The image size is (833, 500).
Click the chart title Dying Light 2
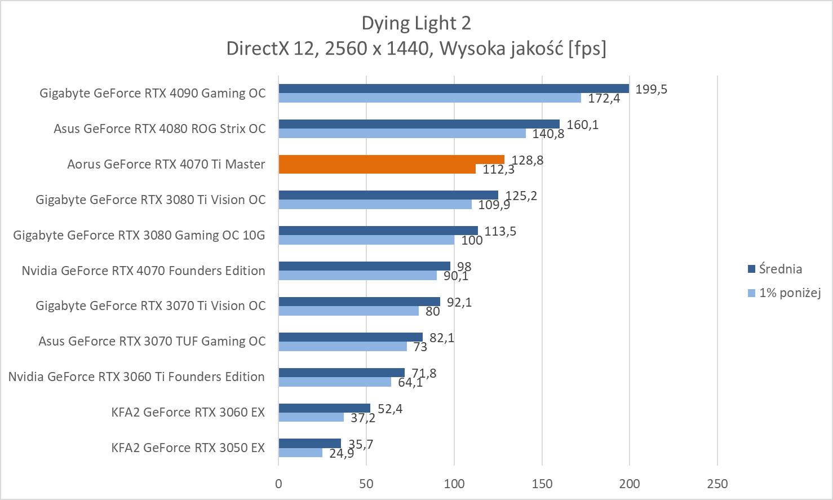tap(416, 23)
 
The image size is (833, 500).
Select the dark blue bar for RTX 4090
tap(454, 89)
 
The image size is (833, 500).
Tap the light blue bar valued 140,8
tap(402, 134)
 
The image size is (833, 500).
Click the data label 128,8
tap(528, 160)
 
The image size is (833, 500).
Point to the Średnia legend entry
tap(780, 269)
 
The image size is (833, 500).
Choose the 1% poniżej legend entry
tap(789, 293)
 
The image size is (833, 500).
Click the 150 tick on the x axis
tap(542, 484)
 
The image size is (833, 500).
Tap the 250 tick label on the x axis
tap(717, 484)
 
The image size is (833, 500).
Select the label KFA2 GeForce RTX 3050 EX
tap(188, 448)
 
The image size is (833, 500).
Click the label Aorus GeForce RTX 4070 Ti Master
tap(166, 164)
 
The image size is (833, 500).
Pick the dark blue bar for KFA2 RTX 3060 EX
tap(324, 408)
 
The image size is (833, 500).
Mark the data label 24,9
tap(342, 453)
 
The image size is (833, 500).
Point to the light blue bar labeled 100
tap(366, 240)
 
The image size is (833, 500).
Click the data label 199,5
tap(651, 89)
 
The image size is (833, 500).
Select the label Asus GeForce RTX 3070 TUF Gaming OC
tap(152, 341)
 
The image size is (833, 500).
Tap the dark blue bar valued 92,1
tap(359, 302)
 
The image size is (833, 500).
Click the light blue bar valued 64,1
tap(335, 382)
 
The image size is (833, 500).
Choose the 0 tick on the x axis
tap(278, 484)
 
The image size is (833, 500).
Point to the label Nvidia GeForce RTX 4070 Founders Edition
tap(143, 271)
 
